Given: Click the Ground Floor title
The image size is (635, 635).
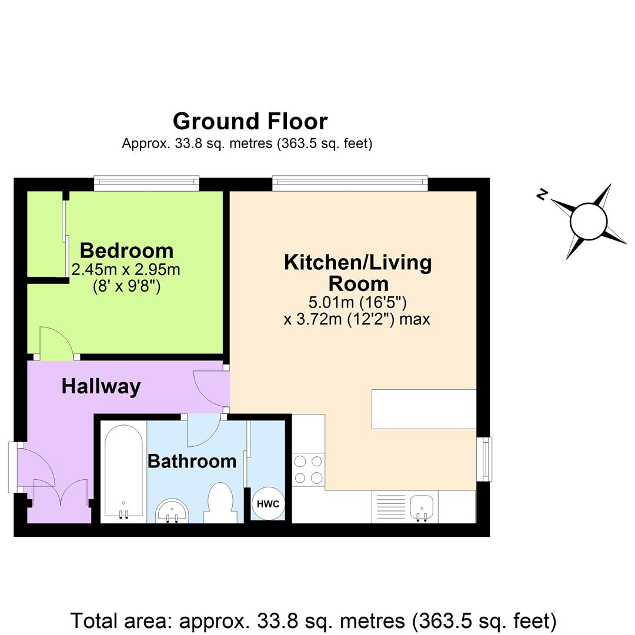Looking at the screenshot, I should tap(250, 121).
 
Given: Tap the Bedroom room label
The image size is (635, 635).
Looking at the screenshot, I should tap(126, 250).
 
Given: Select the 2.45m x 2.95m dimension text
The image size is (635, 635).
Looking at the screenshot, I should tap(125, 270).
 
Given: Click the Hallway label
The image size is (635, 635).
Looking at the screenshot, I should tap(101, 386).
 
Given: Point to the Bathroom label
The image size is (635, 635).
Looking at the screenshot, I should tap(192, 461).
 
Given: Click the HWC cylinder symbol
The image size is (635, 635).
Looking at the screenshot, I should tap(268, 504).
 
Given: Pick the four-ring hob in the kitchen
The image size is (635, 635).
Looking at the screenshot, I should tap(308, 469).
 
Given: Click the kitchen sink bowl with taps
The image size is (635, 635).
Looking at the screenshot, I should tap(422, 506).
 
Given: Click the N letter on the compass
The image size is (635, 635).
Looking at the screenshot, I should tap(542, 195).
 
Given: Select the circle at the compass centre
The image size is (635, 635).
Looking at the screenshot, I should tap(588, 222).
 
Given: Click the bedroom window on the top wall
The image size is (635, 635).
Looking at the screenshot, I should tap(146, 183).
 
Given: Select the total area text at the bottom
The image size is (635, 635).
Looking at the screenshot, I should tap(313, 621).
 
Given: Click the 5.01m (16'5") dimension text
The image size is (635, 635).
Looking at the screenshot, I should tap(357, 303).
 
